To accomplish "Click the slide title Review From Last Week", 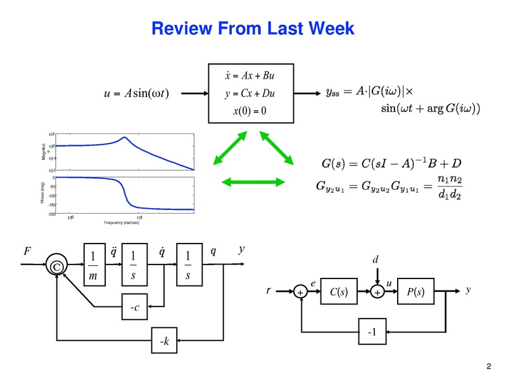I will pyautogui.click(x=252, y=29).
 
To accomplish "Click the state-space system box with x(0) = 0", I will pyautogui.click(x=251, y=93).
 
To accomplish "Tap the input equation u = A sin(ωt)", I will pyautogui.click(x=141, y=94).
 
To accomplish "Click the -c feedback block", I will pyautogui.click(x=134, y=308).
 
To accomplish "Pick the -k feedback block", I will pyautogui.click(x=165, y=343).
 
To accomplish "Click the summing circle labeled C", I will pyautogui.click(x=56, y=267).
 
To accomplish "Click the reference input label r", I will pyautogui.click(x=269, y=292).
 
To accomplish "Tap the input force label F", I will pyautogui.click(x=27, y=251).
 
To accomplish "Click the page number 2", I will pyautogui.click(x=488, y=366).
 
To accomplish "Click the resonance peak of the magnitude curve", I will pyautogui.click(x=125, y=138).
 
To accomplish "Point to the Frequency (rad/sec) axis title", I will pyautogui.click(x=127, y=223).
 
